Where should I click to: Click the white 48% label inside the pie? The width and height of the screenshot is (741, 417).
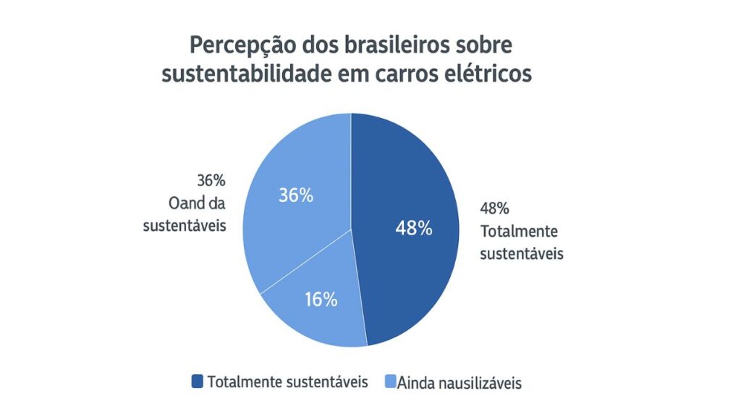(414, 228)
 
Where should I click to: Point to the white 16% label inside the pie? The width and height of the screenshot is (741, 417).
(320, 299)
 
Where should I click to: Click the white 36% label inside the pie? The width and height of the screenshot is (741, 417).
(296, 195)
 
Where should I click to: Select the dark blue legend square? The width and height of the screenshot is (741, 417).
(198, 381)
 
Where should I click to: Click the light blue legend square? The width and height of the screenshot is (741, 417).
(390, 381)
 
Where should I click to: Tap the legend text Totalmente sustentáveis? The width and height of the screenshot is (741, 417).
(287, 382)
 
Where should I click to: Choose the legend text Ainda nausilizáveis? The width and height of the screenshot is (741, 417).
(459, 382)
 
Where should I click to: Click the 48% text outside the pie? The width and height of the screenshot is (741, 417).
(495, 208)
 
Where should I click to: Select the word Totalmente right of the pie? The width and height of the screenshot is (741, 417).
(519, 232)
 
